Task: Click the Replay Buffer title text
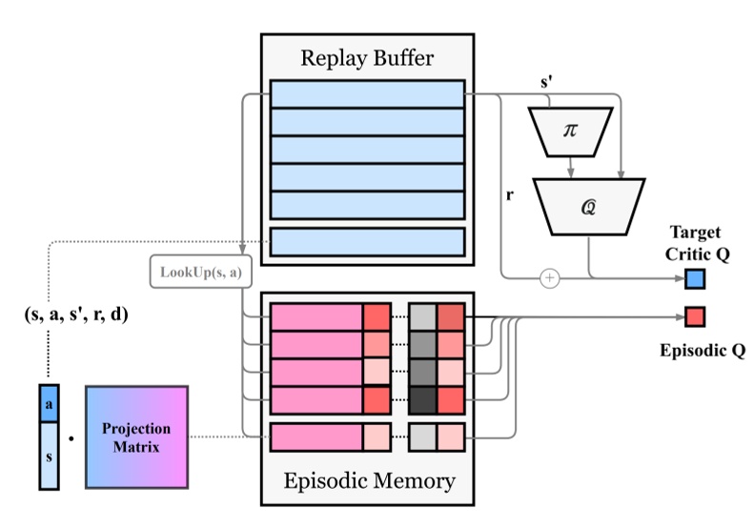coord(367,59)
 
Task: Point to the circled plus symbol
coord(549,278)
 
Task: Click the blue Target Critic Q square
coord(695,278)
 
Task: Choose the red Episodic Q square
coord(695,316)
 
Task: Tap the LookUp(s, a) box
coord(200,273)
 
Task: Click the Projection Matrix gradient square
coord(136,437)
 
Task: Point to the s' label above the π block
coord(547,83)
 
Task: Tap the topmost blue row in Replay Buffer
coord(367,93)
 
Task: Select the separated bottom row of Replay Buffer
coord(367,241)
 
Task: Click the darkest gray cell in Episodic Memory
coord(422,399)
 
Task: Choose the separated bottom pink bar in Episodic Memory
coord(316,437)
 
